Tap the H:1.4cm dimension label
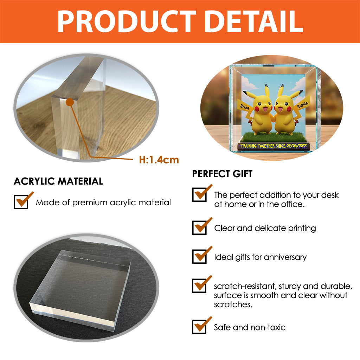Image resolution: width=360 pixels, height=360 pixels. tap(159, 160)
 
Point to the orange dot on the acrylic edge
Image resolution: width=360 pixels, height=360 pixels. tap(70, 102)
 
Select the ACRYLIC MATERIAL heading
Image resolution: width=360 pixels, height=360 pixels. tap(58, 181)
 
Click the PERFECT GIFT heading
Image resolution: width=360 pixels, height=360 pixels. tap(222, 174)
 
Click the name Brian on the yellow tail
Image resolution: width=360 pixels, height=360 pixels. tap(245, 107)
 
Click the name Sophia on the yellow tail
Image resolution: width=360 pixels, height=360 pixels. tap(302, 105)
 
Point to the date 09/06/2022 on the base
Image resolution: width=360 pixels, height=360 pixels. tap(296, 146)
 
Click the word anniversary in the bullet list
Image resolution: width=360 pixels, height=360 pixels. tap(285, 257)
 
